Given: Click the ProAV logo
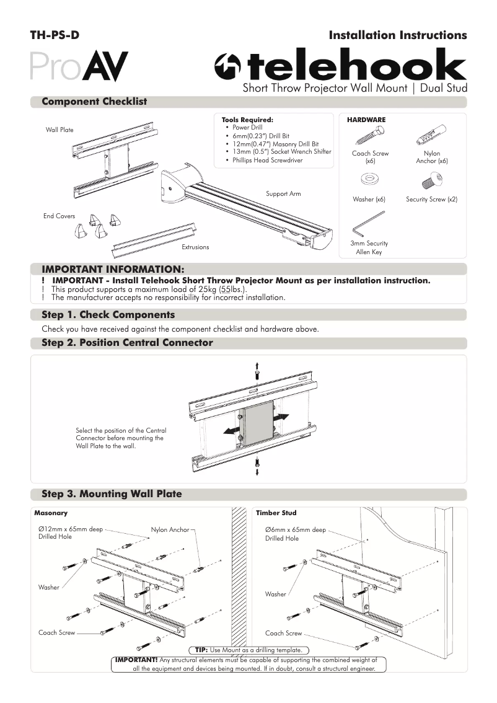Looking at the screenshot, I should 79,66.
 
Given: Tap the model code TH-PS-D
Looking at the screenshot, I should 55,35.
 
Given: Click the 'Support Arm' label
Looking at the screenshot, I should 283,194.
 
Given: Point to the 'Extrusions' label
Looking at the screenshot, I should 195,247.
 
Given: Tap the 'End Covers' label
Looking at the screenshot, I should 59,216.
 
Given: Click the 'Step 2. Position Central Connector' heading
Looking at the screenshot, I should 127,343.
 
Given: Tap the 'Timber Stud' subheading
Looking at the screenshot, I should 276,513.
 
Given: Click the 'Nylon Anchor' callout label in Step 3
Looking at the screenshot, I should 170,530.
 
